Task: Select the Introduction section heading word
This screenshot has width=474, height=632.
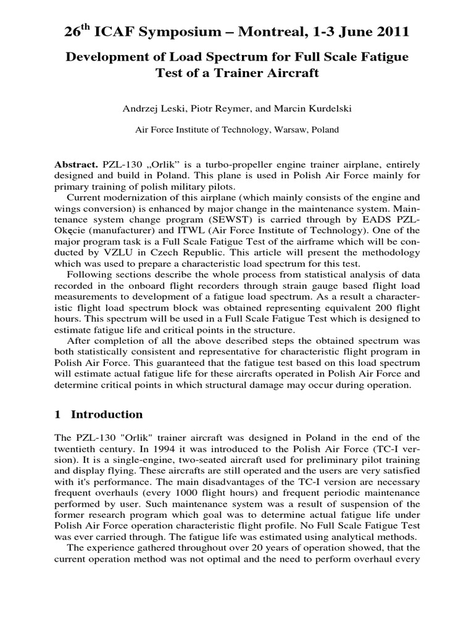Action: point(107,414)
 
